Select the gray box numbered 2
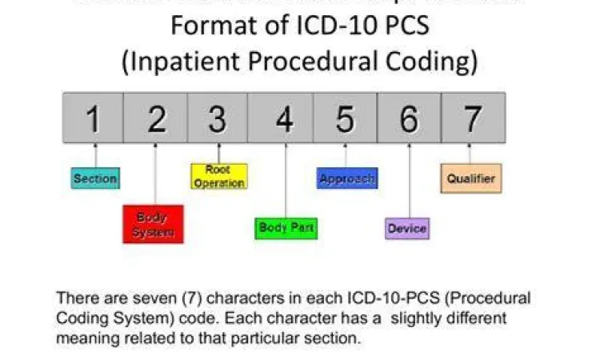157,118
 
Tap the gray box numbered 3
218,118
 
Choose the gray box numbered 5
345,118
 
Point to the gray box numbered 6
409,118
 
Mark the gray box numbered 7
473,118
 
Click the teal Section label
94,178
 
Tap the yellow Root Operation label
218,176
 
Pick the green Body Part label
286,228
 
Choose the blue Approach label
346,178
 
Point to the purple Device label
406,229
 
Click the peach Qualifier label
471,178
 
